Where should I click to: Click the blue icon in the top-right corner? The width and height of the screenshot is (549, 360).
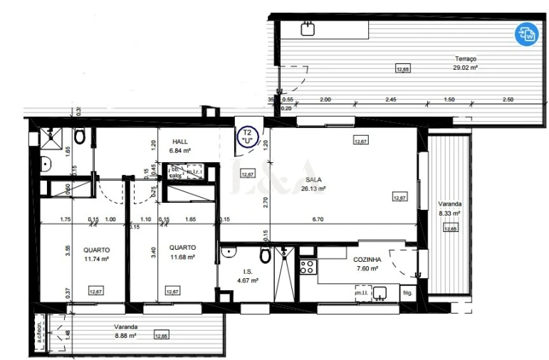click(528, 33)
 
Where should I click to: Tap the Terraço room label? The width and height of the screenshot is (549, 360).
click(466, 59)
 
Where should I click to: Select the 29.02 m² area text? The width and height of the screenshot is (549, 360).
click(466, 68)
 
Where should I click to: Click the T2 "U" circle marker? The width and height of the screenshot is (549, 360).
click(248, 136)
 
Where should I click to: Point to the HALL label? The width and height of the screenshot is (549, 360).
click(179, 142)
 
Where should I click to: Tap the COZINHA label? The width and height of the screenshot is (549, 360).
click(367, 260)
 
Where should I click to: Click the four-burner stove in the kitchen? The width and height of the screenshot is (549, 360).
click(308, 268)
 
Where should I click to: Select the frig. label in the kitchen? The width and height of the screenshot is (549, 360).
click(407, 292)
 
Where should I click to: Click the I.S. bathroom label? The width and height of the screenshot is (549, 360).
click(248, 272)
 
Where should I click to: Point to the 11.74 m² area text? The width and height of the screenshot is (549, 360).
click(95, 259)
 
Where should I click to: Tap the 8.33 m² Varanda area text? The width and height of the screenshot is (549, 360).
click(449, 213)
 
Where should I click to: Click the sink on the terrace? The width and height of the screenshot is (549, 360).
click(308, 28)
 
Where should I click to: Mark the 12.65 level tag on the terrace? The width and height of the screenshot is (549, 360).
click(402, 69)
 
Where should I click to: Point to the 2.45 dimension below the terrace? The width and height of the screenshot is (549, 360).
click(391, 100)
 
